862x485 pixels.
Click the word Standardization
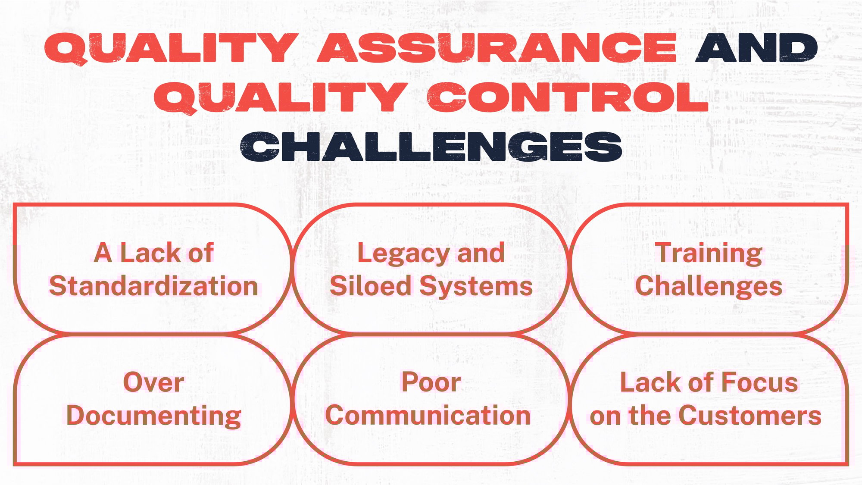(x=153, y=287)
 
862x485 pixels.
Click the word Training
(x=709, y=253)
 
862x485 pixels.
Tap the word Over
(x=153, y=383)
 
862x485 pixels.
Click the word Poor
(x=431, y=383)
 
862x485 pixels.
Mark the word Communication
(x=428, y=416)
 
